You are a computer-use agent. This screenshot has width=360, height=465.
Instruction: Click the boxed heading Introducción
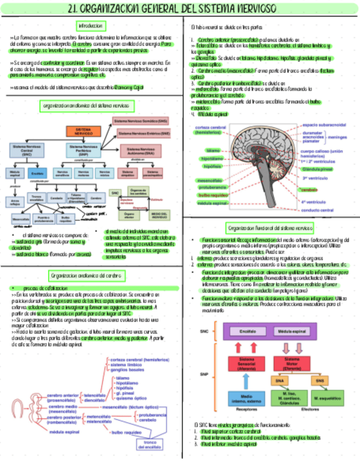pyautogui.click(x=91, y=26)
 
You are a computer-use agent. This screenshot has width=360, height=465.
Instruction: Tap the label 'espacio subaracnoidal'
pyautogui.click(x=324, y=124)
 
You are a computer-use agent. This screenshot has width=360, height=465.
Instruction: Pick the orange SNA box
pyautogui.click(x=281, y=379)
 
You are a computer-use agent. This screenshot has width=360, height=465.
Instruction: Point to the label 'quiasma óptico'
pyautogui.click(x=132, y=398)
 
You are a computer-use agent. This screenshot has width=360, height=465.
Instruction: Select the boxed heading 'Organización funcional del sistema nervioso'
pyautogui.click(x=270, y=228)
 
